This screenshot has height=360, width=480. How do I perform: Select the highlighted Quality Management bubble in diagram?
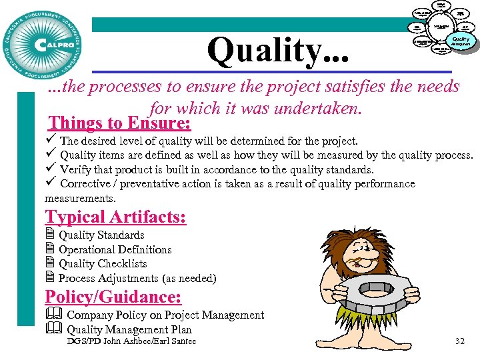click(x=461, y=41)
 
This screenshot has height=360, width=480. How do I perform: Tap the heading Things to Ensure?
click(x=120, y=123)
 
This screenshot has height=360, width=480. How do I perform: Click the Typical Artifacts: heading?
click(x=115, y=217)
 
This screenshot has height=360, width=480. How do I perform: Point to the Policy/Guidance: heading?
click(x=113, y=297)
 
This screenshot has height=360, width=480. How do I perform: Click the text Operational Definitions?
click(x=115, y=249)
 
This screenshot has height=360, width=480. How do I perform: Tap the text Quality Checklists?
click(x=103, y=263)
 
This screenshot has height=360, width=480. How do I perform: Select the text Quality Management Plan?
click(x=129, y=329)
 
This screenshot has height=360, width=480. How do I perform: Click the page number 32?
click(x=459, y=341)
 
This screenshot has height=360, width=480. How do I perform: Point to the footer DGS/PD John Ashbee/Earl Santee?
click(x=132, y=341)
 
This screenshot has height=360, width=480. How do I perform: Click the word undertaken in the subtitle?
click(x=315, y=107)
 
